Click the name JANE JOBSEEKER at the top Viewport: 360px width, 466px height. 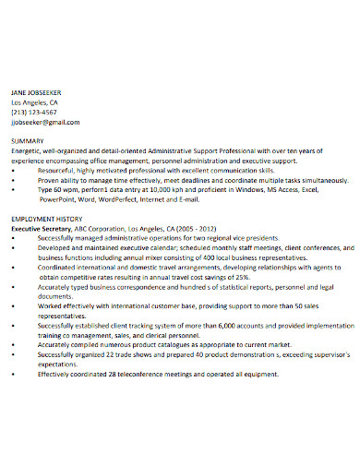point(37,92)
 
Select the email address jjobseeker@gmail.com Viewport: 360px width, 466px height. point(45,122)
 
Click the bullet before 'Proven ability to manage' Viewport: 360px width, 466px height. point(15,180)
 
